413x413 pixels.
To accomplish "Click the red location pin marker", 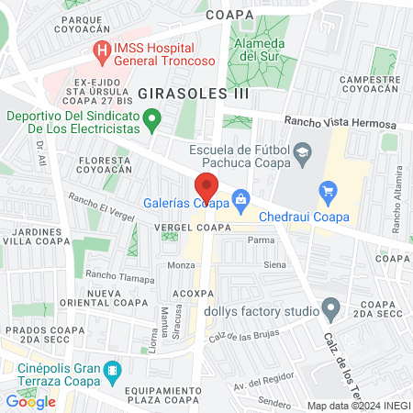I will pyautogui.click(x=206, y=187).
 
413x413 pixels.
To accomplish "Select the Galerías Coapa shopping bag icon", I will pyautogui.click(x=240, y=197).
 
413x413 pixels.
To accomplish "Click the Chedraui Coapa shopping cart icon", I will pyautogui.click(x=328, y=190).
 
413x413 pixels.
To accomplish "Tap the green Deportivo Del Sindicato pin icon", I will pyautogui.click(x=154, y=117).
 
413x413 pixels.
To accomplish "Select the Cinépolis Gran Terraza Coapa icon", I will pyautogui.click(x=112, y=373).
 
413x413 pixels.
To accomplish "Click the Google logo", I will pyautogui.click(x=30, y=401).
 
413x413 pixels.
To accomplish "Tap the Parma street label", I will pyautogui.click(x=262, y=241).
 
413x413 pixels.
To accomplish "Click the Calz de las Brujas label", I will pyautogui.click(x=242, y=338).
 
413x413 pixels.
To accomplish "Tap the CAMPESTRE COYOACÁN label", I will pyautogui.click(x=372, y=85).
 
